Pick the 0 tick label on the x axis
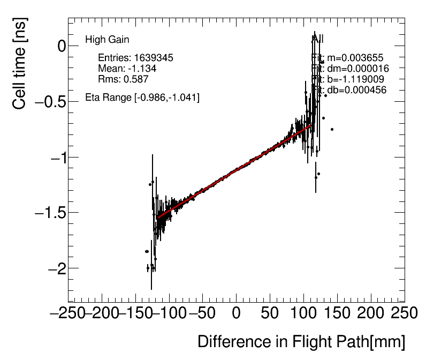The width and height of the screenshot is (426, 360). [236, 313]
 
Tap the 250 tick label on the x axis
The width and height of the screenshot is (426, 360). [405, 313]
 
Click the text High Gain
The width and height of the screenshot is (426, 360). [107, 40]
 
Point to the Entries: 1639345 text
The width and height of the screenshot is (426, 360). [135, 58]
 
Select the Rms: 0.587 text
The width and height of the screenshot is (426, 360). [123, 79]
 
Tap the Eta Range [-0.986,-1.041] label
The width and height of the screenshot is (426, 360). [142, 98]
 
